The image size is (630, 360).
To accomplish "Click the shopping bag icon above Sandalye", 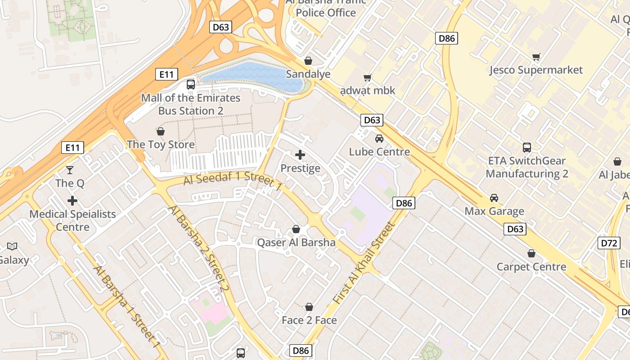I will click(308, 60).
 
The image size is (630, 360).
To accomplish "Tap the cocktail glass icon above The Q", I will click(70, 170).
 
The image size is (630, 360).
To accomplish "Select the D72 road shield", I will click(608, 243).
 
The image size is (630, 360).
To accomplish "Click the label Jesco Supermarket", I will click(535, 70).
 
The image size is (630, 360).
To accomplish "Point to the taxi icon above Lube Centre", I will click(379, 138).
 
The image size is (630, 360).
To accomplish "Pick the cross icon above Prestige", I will click(300, 155).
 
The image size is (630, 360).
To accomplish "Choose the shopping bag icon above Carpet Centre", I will click(531, 253).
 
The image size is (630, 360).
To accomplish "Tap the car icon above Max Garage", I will click(494, 198).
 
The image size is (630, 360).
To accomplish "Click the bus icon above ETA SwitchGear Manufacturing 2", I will click(526, 147).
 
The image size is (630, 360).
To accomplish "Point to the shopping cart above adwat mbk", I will click(367, 78).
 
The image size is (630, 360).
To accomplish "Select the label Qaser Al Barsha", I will click(296, 243).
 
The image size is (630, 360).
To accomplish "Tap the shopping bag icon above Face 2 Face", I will click(309, 307).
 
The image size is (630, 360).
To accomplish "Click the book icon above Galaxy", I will click(12, 246).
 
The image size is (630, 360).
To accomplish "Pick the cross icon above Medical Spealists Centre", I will click(72, 201).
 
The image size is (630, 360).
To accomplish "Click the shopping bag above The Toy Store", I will click(160, 131).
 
